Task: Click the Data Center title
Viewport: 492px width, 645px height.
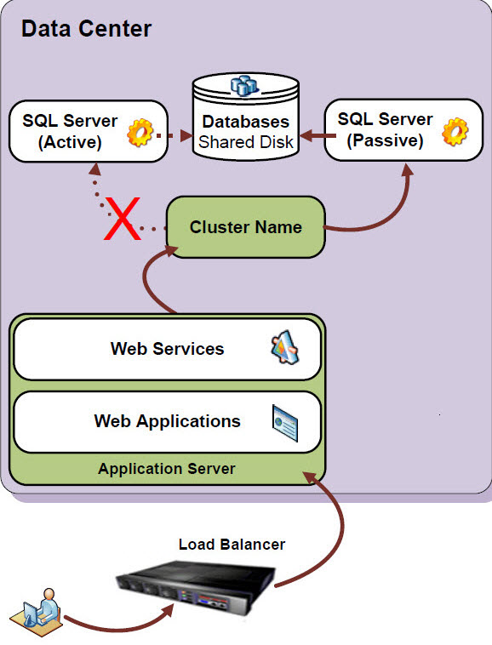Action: pyautogui.click(x=86, y=28)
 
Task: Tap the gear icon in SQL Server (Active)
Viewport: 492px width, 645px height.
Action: pyautogui.click(x=140, y=133)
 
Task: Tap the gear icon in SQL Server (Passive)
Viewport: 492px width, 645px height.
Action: pyautogui.click(x=455, y=131)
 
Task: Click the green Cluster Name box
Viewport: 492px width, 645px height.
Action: pyautogui.click(x=245, y=227)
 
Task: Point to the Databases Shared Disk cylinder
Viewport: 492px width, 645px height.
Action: pyautogui.click(x=245, y=119)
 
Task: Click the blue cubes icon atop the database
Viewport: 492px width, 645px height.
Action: pyautogui.click(x=244, y=85)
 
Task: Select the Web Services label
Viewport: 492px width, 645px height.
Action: pyautogui.click(x=167, y=348)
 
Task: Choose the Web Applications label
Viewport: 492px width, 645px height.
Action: pyautogui.click(x=167, y=421)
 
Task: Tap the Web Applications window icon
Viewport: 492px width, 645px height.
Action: pyautogui.click(x=284, y=422)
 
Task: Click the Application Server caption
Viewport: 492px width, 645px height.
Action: pyautogui.click(x=166, y=469)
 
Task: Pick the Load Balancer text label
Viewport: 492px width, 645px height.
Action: pyautogui.click(x=232, y=544)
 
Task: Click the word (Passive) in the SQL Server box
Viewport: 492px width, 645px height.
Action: pyautogui.click(x=385, y=141)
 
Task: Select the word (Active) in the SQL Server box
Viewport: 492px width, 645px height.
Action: pyautogui.click(x=70, y=143)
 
